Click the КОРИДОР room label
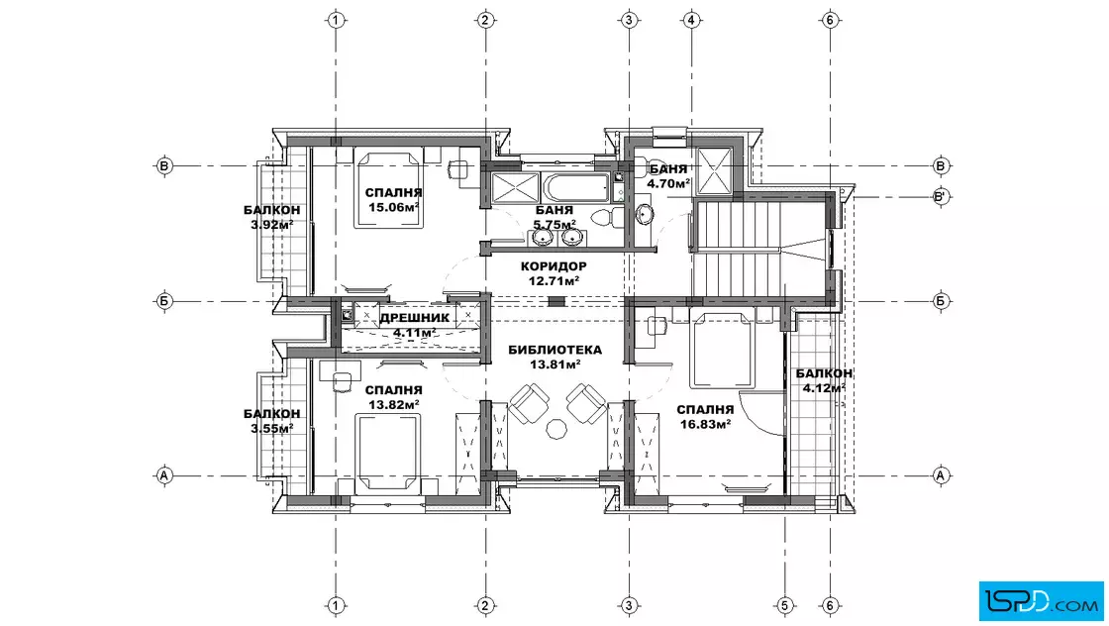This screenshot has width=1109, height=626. coord(554,266)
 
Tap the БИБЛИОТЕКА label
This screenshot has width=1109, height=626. coord(555,350)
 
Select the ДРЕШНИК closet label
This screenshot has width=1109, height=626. coord(415,318)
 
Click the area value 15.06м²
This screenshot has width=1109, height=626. coord(394,207)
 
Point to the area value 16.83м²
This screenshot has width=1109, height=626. coord(705,424)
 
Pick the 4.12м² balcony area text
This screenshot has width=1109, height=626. coord(824,387)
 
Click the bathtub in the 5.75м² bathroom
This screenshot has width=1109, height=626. coord(575,187)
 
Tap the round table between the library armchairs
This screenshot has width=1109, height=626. coord(556,429)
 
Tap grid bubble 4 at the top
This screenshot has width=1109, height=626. coord(692,20)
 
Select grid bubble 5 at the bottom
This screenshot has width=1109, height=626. coord(784,605)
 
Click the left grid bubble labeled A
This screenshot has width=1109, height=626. coord(164,475)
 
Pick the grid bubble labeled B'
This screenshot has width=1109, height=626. coord(941,197)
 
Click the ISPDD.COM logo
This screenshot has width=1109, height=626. coord(1041,601)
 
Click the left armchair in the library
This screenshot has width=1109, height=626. coord(529,403)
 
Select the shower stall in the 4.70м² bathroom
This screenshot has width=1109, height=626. coord(714,169)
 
